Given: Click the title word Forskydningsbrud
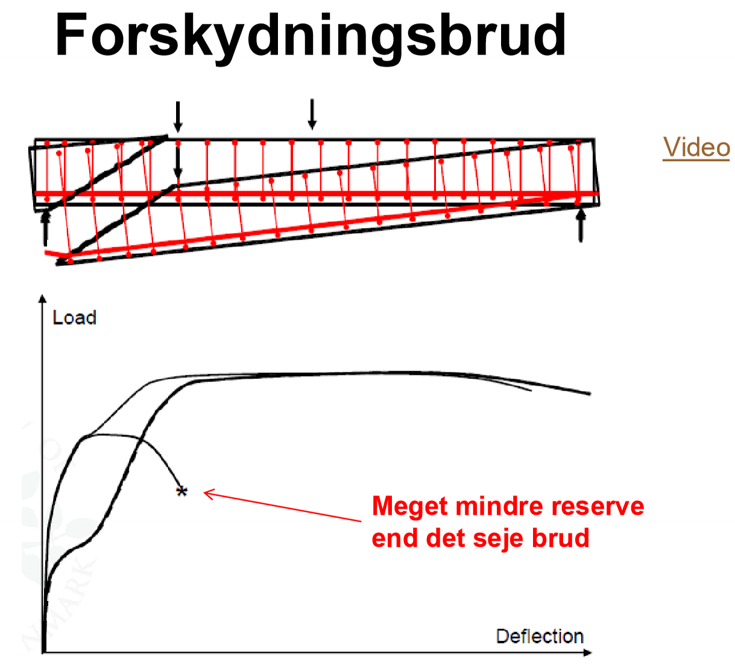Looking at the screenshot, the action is click(311, 36).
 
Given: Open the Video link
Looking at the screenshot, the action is click(696, 147).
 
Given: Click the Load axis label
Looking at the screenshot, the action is click(74, 317).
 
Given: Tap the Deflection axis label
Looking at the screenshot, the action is click(540, 636).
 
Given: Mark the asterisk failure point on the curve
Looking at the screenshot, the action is click(181, 491).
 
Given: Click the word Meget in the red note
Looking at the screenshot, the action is click(410, 507).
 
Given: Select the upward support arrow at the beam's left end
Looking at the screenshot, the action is click(46, 228).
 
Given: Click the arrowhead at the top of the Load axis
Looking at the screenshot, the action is click(42, 298).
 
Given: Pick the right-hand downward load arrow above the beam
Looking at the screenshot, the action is click(312, 115).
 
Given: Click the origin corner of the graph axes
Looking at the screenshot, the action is click(43, 652).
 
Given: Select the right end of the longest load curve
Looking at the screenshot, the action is click(589, 394).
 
